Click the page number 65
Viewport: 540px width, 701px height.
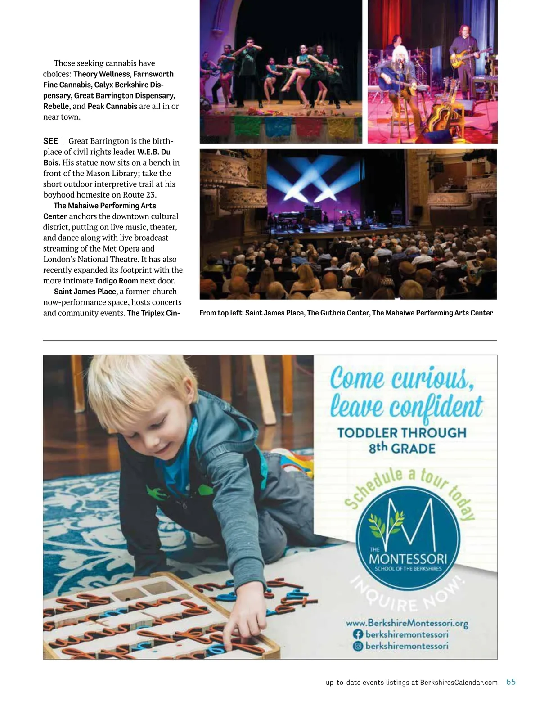click(x=511, y=682)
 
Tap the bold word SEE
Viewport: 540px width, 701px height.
click(x=50, y=141)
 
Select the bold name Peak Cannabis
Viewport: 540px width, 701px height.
click(x=112, y=106)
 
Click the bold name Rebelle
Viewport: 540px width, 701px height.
click(x=56, y=106)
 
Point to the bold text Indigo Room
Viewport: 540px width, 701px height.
click(x=117, y=281)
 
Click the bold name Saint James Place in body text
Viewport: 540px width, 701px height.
click(x=85, y=292)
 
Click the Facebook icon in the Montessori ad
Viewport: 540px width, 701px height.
click(x=358, y=634)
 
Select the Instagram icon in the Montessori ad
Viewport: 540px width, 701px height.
click(x=358, y=646)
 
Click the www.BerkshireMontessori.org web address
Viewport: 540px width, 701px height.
click(x=407, y=623)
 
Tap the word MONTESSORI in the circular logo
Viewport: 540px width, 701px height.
click(x=408, y=559)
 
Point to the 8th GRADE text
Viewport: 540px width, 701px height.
click(x=402, y=448)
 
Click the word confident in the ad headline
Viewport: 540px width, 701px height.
click(x=436, y=407)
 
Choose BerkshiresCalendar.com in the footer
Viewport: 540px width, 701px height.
click(x=459, y=683)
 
